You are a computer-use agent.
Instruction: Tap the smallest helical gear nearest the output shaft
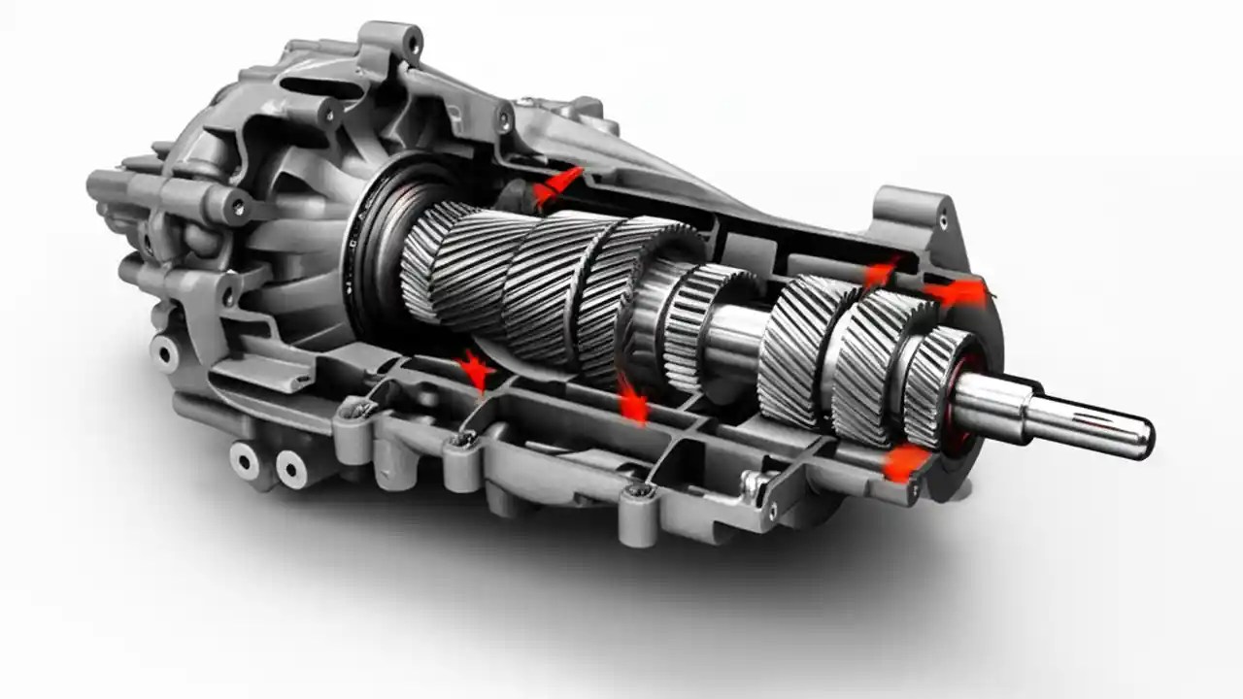point(937,383)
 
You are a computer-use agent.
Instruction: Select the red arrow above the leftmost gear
point(557,185)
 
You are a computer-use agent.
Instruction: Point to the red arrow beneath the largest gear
point(632,399)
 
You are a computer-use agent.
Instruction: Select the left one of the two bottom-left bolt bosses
point(244,460)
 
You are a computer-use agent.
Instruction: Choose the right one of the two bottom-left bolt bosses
point(290,469)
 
